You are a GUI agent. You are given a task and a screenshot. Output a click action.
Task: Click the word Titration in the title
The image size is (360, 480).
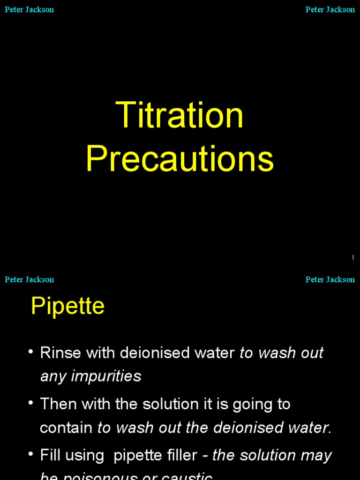coord(180,115)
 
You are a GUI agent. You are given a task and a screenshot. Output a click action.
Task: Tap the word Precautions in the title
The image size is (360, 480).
coord(180,159)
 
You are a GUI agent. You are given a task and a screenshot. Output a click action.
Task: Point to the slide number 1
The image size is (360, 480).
coord(352,258)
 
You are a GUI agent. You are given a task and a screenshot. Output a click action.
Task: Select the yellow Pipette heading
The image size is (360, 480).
coord(67,306)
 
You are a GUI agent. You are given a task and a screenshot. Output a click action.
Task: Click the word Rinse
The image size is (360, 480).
coord(59,353)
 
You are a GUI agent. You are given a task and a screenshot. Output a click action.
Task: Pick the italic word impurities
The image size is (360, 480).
coord(111,376)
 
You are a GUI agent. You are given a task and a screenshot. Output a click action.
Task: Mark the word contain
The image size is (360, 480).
coord(66,427)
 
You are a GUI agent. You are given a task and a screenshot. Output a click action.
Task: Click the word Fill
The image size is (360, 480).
coord(49,455)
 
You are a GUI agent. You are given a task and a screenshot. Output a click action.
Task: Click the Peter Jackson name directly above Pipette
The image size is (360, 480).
coord(29,279)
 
